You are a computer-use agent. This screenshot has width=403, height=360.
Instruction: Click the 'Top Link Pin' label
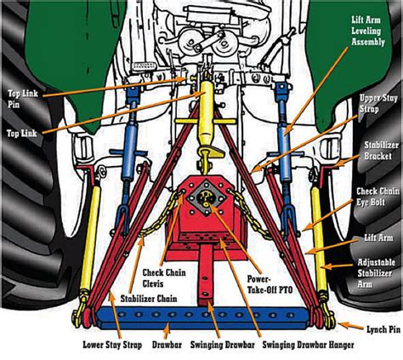click(x=23, y=99)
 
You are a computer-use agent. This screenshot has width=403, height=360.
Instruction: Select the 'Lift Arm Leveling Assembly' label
click(x=368, y=31)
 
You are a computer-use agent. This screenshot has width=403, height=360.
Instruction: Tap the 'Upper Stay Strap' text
click(x=378, y=104)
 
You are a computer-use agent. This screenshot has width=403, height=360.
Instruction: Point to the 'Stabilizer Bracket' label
click(x=381, y=151)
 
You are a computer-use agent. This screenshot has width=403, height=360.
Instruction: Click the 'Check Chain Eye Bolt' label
click(x=378, y=197)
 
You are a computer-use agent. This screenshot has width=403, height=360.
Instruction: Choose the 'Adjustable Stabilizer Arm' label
click(x=376, y=273)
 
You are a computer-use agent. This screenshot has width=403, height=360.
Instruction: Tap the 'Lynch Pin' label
click(x=383, y=329)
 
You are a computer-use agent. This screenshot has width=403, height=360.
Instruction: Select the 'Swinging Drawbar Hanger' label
click(x=308, y=345)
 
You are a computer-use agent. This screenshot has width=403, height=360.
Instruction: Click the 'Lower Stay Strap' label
click(x=112, y=345)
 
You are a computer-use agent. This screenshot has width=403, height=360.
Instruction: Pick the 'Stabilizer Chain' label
click(x=149, y=299)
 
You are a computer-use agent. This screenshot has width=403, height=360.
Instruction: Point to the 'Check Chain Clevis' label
click(x=164, y=278)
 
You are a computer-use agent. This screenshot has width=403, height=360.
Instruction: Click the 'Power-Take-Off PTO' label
click(x=270, y=284)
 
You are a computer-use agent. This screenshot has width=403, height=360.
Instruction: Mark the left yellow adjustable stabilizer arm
click(x=90, y=237)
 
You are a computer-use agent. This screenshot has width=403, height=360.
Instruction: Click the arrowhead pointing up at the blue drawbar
click(x=167, y=327)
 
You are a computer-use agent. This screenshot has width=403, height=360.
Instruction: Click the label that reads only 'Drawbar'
click(x=167, y=345)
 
